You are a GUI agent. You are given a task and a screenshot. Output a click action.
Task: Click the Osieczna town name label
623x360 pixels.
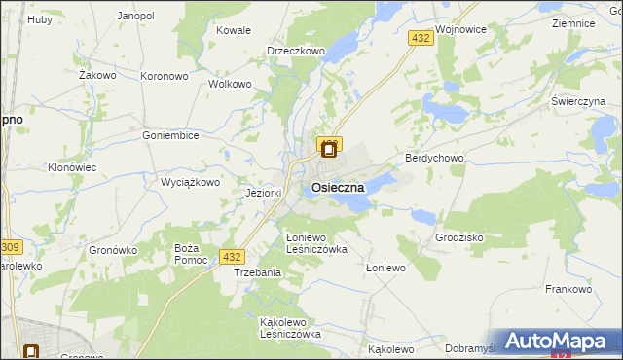click(338, 187)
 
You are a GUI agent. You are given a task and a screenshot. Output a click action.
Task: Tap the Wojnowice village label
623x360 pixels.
click(461, 30)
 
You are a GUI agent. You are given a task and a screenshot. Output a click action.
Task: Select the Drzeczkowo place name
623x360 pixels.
click(295, 52)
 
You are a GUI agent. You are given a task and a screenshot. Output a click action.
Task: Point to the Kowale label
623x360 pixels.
click(234, 30)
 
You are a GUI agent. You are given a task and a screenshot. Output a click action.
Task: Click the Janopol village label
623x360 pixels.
click(135, 17)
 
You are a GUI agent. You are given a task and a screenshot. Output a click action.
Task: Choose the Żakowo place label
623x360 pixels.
click(97, 74)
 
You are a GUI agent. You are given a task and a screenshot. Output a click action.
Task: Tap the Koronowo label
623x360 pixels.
click(164, 75)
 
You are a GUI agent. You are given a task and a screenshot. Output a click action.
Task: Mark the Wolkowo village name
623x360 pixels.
click(231, 84)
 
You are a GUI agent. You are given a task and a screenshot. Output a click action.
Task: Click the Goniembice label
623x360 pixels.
click(170, 136)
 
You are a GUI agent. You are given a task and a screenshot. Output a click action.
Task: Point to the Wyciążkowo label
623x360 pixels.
click(191, 182)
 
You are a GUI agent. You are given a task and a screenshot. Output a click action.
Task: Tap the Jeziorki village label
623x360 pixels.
click(264, 193)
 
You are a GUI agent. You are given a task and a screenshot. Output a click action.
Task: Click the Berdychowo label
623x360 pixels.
click(433, 158)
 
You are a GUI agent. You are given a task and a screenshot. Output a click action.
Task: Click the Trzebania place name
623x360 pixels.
click(257, 272)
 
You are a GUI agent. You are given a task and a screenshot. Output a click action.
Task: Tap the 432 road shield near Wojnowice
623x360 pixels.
click(421, 38)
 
